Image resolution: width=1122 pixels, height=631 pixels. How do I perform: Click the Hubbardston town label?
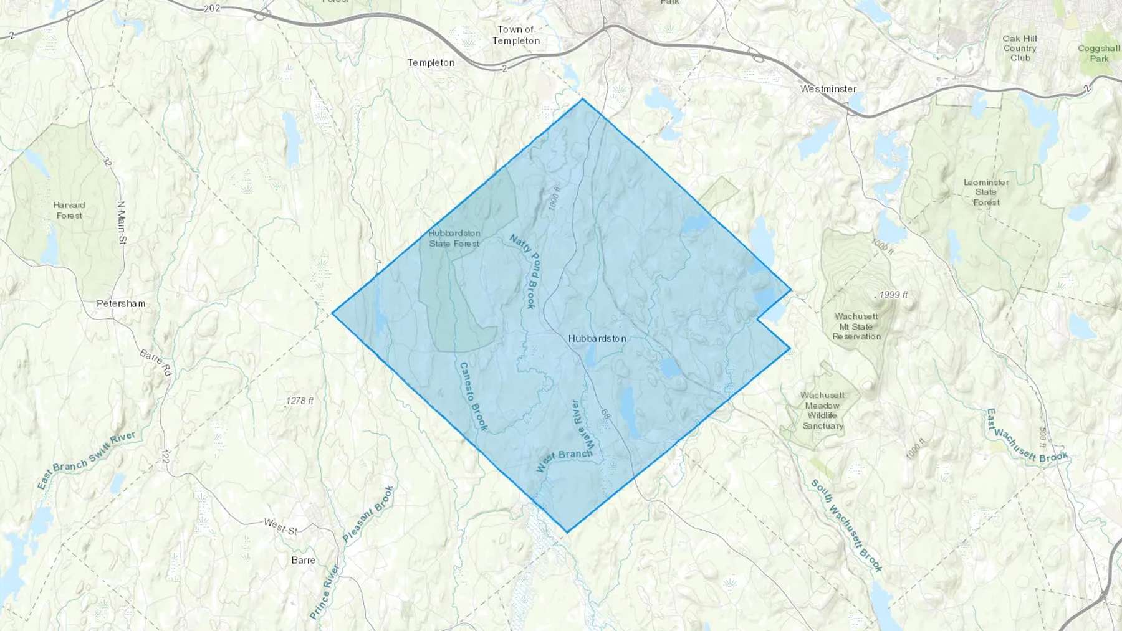pyautogui.click(x=597, y=338)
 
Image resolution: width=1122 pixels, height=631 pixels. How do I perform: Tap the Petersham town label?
pyautogui.click(x=121, y=303)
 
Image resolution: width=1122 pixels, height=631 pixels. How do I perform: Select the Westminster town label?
pyautogui.click(x=828, y=89)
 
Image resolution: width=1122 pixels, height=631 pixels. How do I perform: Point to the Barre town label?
pyautogui.click(x=303, y=560)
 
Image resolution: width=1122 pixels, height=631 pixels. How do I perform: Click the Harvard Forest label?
pyautogui.click(x=69, y=210)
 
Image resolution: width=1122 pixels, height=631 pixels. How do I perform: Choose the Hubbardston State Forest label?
pyautogui.click(x=454, y=238)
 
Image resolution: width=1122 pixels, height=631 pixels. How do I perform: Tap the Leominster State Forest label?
pyautogui.click(x=986, y=192)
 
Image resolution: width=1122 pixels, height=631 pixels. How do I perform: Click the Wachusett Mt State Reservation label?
pyautogui.click(x=856, y=326)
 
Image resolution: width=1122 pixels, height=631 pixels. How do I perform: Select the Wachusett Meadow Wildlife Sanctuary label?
pyautogui.click(x=822, y=410)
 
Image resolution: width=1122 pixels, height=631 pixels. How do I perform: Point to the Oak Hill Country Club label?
pyautogui.click(x=1020, y=48)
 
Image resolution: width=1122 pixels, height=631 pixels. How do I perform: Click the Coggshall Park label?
pyautogui.click(x=1099, y=53)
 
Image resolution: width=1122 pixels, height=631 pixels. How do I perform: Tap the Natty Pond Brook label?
pyautogui.click(x=524, y=271)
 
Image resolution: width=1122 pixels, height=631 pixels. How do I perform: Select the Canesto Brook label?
pyautogui.click(x=472, y=396)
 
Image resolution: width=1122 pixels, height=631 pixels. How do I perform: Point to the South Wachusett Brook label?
pyautogui.click(x=846, y=525)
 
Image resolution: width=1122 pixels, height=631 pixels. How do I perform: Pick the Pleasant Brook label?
pyautogui.click(x=368, y=515)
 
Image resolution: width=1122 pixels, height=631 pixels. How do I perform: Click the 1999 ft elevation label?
pyautogui.click(x=894, y=295)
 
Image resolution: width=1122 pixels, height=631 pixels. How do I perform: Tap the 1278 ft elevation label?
pyautogui.click(x=300, y=401)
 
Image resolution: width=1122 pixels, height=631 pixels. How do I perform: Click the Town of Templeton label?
pyautogui.click(x=516, y=35)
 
